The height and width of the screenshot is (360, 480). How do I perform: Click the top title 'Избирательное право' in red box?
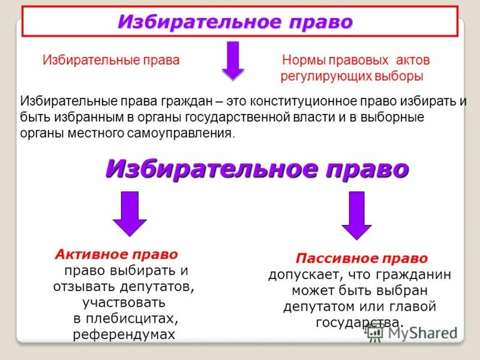235,22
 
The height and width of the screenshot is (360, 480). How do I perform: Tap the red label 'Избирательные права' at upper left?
111,61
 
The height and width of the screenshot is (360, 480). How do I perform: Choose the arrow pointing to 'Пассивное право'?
358,215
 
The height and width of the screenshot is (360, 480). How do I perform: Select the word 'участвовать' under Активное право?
125,302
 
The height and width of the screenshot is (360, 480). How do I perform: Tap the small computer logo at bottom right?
375,333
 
